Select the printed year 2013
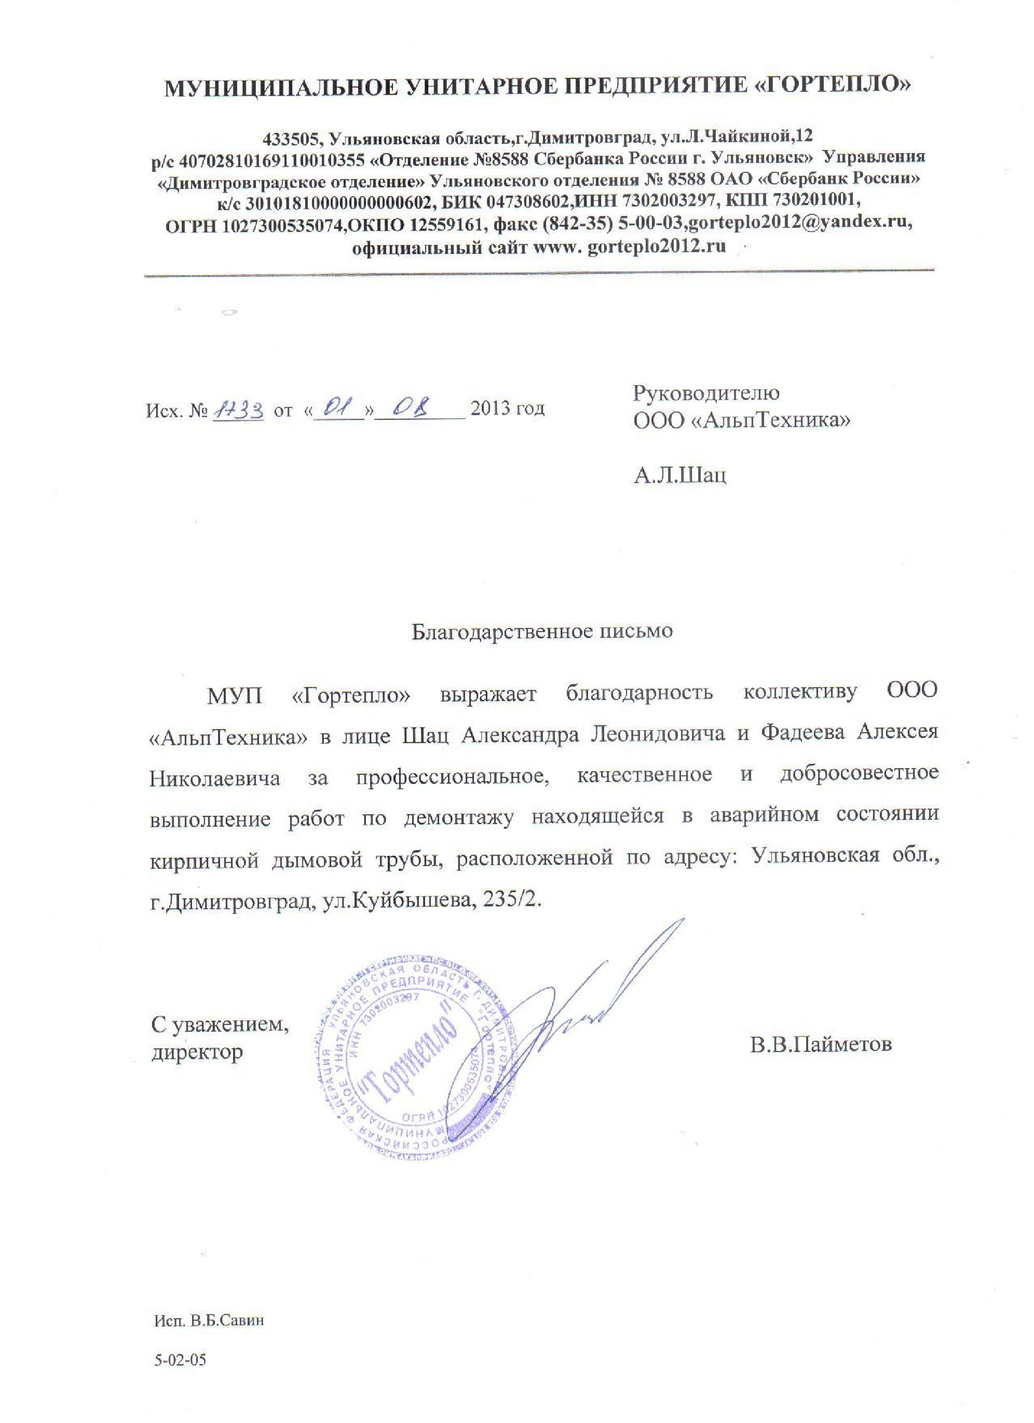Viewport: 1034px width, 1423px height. pyautogui.click(x=489, y=409)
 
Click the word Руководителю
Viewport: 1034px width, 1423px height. pyautogui.click(x=706, y=393)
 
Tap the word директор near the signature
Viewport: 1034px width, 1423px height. pyautogui.click(x=196, y=1051)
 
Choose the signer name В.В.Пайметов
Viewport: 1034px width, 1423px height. pyautogui.click(x=820, y=1045)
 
